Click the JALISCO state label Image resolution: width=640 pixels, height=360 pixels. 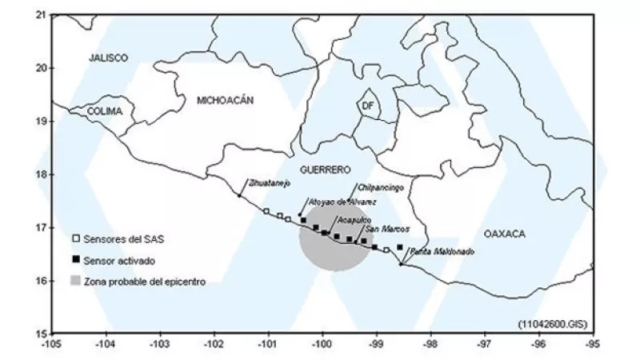click(x=109, y=58)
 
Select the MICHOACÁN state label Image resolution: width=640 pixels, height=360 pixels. click(x=225, y=100)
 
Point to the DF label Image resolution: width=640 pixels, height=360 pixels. click(x=367, y=106)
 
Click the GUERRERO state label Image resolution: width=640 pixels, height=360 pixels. click(x=326, y=170)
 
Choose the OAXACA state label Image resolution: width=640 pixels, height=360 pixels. click(x=504, y=234)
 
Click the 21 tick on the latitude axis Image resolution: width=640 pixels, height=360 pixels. click(x=42, y=15)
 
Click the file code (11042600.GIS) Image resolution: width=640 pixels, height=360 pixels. click(x=552, y=322)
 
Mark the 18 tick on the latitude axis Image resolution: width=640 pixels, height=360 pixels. click(x=42, y=174)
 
